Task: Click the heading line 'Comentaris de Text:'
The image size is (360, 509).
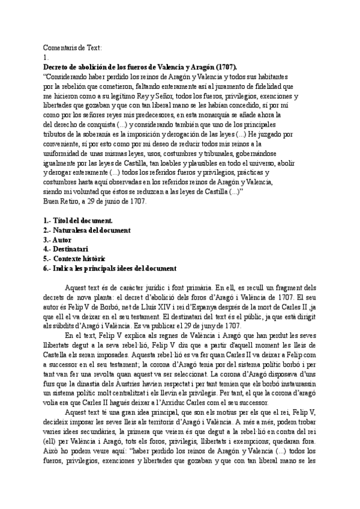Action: pyautogui.click(x=73, y=47)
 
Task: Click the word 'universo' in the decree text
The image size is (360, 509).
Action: pyautogui.click(x=259, y=163)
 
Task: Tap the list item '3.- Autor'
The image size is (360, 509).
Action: pyautogui.click(x=59, y=241)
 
